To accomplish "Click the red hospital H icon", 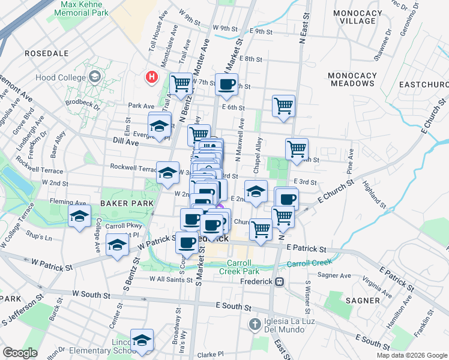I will pos(152,77).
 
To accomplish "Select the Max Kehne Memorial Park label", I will pos(85,8).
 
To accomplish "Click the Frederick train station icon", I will pos(279,281).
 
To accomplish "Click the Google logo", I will pos(20,353).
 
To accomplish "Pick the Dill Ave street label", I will pos(125,143).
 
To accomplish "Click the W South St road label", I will pos(91,295).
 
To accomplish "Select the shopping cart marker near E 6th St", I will pos(283,106).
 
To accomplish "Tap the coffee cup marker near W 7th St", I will pos(226,85).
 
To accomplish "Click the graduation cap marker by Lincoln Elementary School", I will pos(142,340).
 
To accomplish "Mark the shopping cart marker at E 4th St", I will pos(297,149).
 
